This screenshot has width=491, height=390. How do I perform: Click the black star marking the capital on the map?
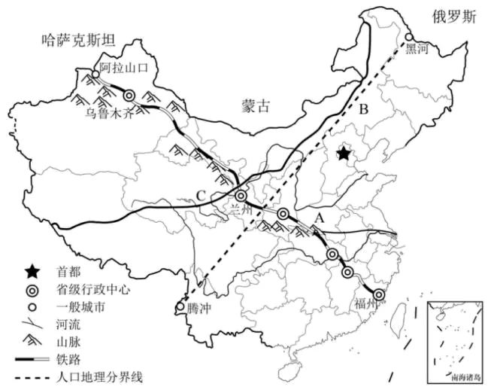tap(343, 154)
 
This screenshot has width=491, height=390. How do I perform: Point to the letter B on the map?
tap(363, 110)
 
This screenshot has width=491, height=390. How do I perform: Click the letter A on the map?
tap(319, 217)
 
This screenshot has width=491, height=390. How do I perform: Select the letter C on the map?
tap(200, 197)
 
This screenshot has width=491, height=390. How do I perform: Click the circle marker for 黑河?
tap(408, 37)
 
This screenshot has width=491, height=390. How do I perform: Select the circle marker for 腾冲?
tap(179, 307)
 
